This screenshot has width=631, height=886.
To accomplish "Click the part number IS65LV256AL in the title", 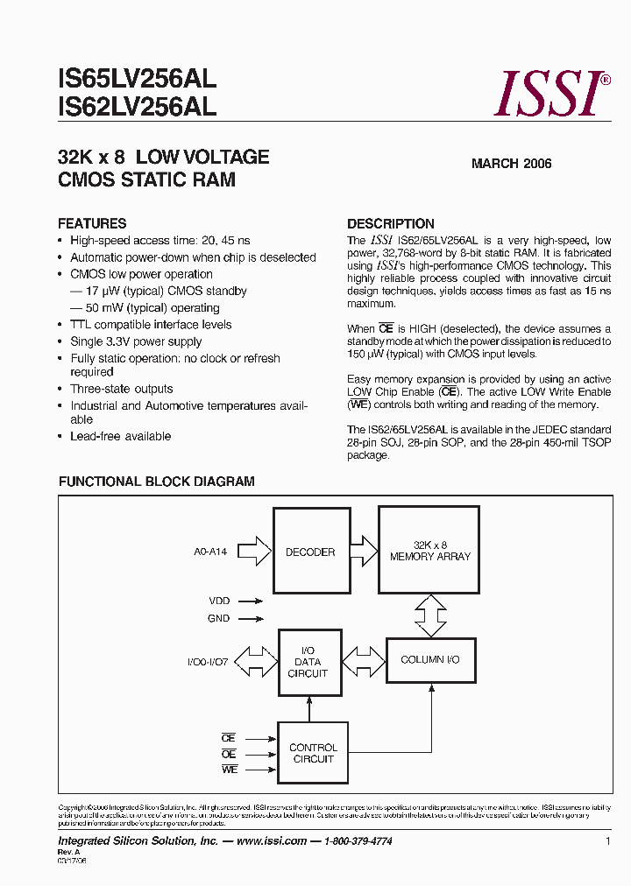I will tap(137, 81).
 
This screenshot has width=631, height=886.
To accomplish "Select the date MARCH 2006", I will tap(512, 164).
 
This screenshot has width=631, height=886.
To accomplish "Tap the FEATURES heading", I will tap(92, 223).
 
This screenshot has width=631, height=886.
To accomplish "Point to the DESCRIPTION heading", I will tap(391, 223).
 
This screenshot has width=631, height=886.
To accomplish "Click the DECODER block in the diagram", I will tap(310, 552).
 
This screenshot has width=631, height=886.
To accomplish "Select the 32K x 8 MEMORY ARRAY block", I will tap(429, 551).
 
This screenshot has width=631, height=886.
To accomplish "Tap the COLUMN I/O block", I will tap(429, 660).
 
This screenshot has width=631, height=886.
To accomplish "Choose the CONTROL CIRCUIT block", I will tap(313, 753).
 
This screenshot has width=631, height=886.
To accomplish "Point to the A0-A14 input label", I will tap(210, 552).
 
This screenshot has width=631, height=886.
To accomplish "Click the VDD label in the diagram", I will tap(219, 601).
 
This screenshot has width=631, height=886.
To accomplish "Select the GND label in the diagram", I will tap(219, 618).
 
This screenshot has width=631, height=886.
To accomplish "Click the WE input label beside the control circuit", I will tap(229, 769).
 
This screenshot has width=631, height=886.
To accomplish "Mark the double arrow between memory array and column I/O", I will tap(429, 615).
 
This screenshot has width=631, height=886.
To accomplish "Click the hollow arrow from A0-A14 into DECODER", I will tap(254, 552).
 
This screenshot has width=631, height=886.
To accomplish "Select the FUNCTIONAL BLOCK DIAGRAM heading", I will tap(156, 482).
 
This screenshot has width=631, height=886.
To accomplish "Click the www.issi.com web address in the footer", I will tap(272, 841).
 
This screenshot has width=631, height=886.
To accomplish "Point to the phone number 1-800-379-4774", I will tap(358, 841).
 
